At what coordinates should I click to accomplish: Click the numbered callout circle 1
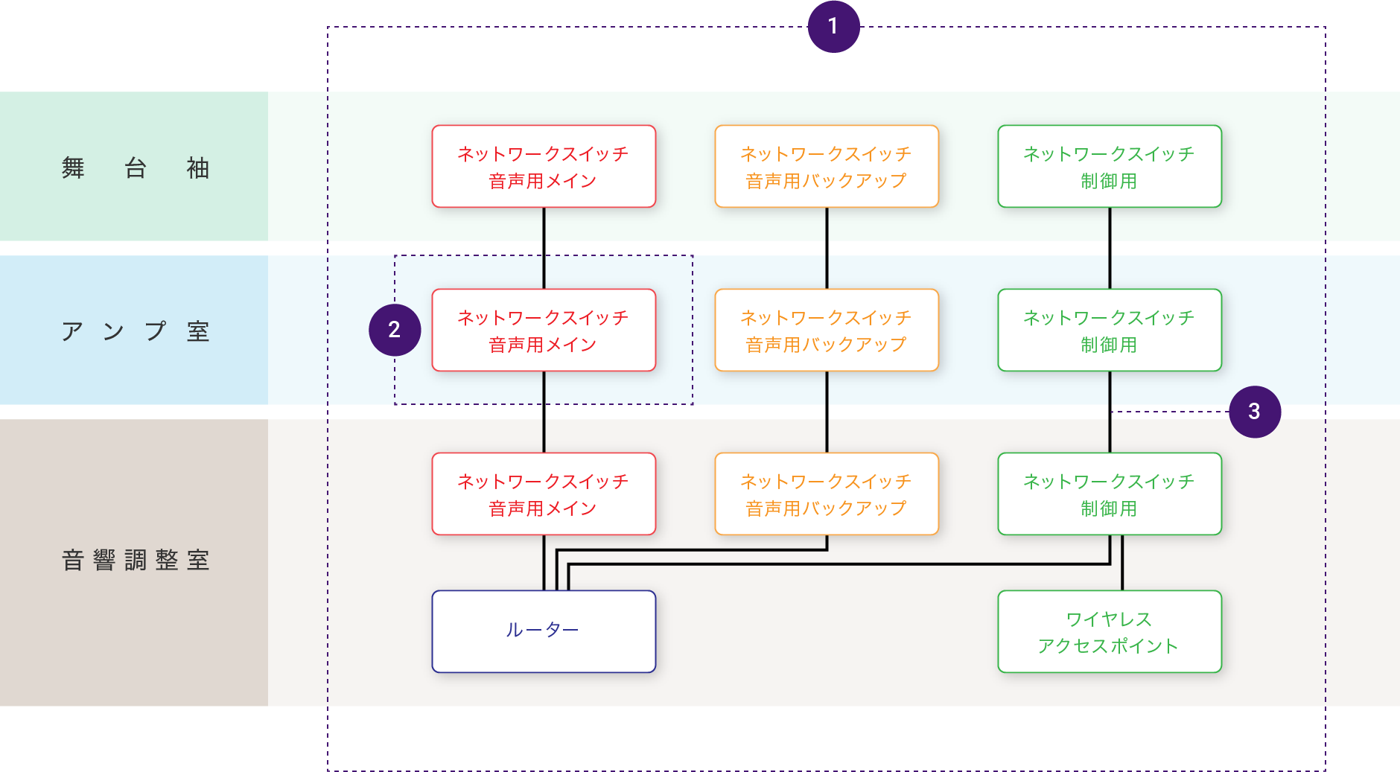point(833,27)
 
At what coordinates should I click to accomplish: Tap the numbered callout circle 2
point(395,330)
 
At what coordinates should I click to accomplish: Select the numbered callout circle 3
point(1254,412)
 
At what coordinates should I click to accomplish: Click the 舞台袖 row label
point(135,168)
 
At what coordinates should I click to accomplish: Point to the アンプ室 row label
point(135,331)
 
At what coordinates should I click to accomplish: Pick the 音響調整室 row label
point(135,560)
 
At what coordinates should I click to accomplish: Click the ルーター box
point(544,631)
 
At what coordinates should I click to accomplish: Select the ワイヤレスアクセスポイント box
point(1109,632)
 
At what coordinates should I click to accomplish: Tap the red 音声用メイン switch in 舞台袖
point(544,167)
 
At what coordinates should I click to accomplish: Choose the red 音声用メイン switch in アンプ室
point(544,331)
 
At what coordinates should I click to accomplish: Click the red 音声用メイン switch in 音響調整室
point(544,494)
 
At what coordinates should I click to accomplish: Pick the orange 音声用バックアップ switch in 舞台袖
point(827,167)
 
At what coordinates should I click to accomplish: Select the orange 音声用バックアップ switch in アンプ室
point(827,331)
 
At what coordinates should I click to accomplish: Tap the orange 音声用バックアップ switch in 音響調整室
point(827,494)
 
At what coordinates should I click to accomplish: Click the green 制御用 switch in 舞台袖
point(1109,167)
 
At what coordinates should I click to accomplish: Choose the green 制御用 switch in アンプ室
point(1109,331)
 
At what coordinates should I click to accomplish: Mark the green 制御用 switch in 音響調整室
point(1109,494)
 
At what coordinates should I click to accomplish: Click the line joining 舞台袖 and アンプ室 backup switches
point(827,248)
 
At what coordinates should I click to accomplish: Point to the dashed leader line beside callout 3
point(1169,412)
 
